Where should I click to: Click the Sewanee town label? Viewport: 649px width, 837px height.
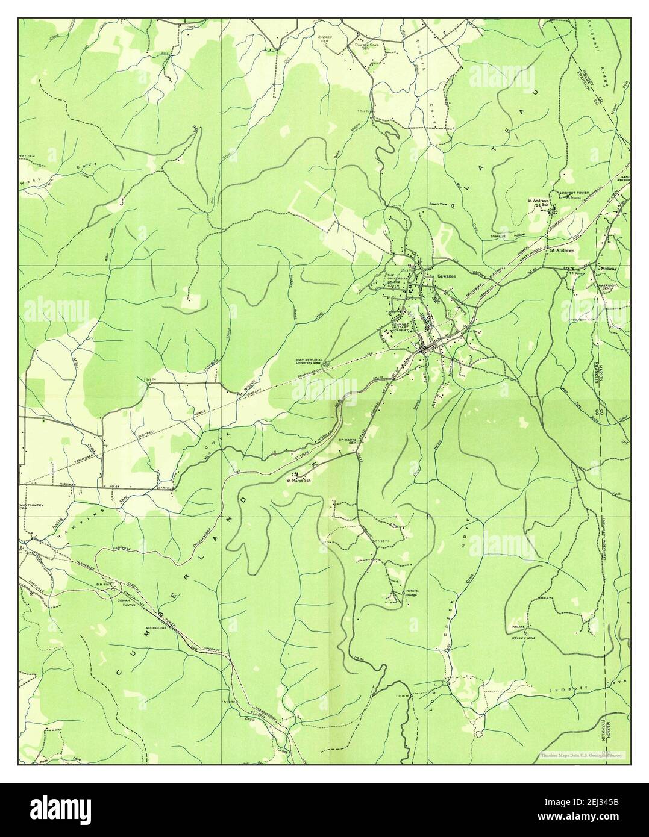tap(447, 275)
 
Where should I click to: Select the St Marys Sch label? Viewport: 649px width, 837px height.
tap(299, 480)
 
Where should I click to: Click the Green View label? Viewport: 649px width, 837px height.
tap(437, 204)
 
